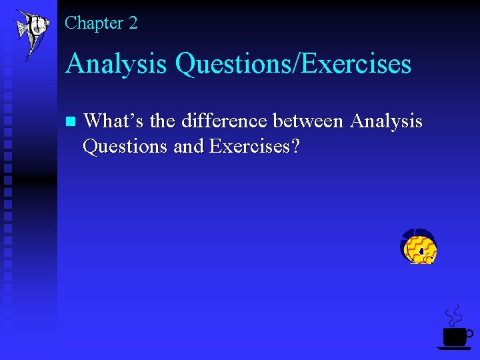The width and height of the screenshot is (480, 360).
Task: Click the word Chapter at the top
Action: (94, 23)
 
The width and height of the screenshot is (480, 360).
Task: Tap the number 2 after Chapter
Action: (133, 23)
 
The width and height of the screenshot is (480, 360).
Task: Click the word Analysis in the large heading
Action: (116, 65)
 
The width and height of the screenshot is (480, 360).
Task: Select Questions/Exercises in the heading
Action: (293, 65)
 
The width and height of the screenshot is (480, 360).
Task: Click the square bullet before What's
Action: (71, 122)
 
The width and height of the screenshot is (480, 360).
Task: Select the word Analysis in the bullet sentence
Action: (386, 121)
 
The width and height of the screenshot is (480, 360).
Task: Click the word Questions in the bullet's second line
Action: (125, 145)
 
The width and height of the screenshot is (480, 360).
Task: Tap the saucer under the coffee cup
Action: (454, 348)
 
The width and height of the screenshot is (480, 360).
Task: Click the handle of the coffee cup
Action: (469, 333)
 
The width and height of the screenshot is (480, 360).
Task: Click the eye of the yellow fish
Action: (422, 251)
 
